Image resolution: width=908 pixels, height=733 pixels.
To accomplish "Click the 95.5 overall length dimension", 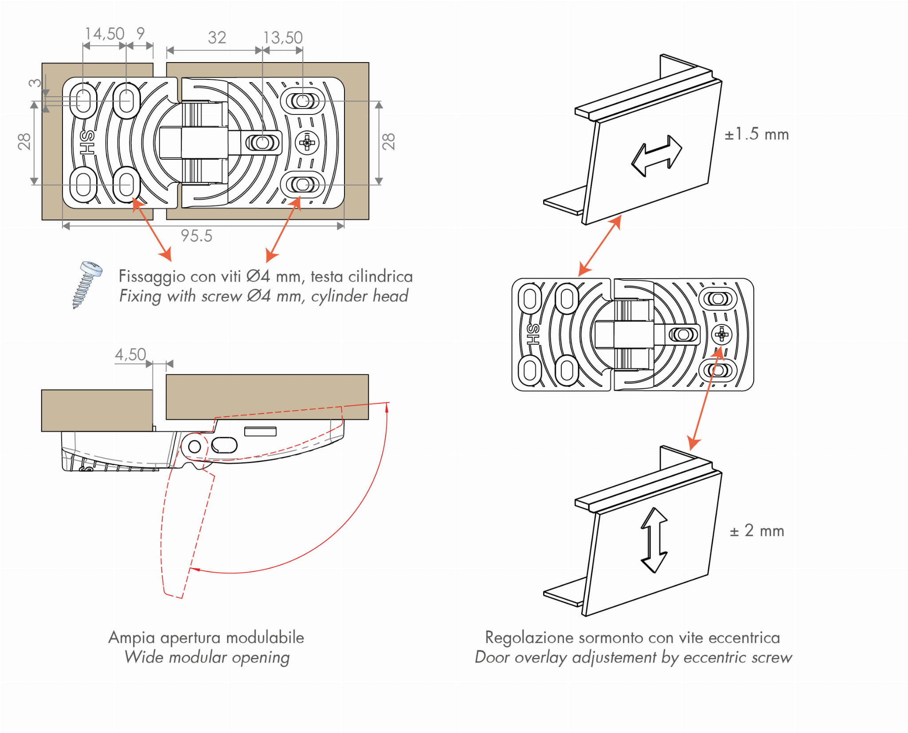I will tap(196, 236).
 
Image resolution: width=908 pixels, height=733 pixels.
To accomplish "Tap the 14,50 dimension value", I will tap(105, 34).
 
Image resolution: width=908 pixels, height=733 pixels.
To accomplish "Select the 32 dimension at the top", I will tap(217, 38).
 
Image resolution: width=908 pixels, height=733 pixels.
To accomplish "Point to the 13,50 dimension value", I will tap(283, 38).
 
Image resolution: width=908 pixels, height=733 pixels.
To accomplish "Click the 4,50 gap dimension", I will tap(130, 355).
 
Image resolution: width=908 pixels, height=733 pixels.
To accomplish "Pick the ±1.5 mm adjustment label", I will tap(756, 134).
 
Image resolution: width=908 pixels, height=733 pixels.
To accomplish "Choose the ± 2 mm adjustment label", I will tap(756, 531).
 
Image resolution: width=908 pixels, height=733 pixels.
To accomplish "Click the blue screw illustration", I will tap(87, 284).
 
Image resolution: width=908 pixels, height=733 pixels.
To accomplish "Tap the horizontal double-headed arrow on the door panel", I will tap(657, 156).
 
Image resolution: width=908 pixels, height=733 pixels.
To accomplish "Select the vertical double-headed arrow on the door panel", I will tap(654, 540).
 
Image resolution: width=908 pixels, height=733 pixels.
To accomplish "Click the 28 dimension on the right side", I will tap(388, 142).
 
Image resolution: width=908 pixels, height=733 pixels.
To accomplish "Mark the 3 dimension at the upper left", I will tap(35, 83).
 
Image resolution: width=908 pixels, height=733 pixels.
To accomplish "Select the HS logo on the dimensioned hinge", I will tap(88, 142).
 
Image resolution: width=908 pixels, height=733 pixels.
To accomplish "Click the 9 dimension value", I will tap(141, 33).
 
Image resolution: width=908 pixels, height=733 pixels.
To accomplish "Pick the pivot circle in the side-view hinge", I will tap(195, 446).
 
